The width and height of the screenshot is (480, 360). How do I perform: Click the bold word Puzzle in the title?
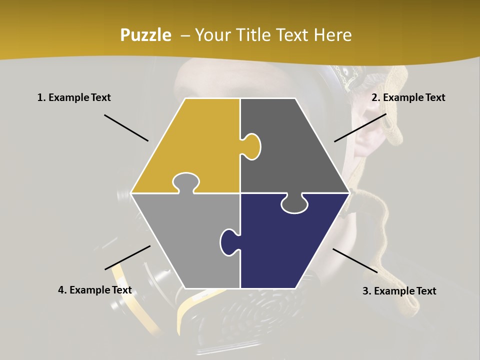pyautogui.click(x=145, y=35)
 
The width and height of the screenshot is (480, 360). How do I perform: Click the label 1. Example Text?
pyautogui.click(x=74, y=97)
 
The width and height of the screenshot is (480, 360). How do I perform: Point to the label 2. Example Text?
pyautogui.click(x=408, y=97)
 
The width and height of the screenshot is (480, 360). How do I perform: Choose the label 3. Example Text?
pyautogui.click(x=399, y=291)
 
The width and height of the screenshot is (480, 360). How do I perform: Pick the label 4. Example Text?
pyautogui.click(x=95, y=290)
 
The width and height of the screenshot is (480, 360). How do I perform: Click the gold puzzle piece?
pyautogui.click(x=195, y=140)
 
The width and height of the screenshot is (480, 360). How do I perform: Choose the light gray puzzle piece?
pyautogui.click(x=185, y=235)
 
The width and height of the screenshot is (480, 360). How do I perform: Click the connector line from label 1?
pyautogui.click(x=126, y=127)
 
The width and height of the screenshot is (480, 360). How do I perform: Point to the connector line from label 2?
pyautogui.click(x=360, y=127)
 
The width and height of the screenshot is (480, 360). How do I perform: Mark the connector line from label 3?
pyautogui.click(x=355, y=260)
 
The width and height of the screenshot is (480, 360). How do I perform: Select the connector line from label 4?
pyautogui.click(x=127, y=257)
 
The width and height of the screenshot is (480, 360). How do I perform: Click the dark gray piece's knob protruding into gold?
pyautogui.click(x=251, y=146)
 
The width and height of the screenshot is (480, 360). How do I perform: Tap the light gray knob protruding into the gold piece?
pyautogui.click(x=185, y=182)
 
